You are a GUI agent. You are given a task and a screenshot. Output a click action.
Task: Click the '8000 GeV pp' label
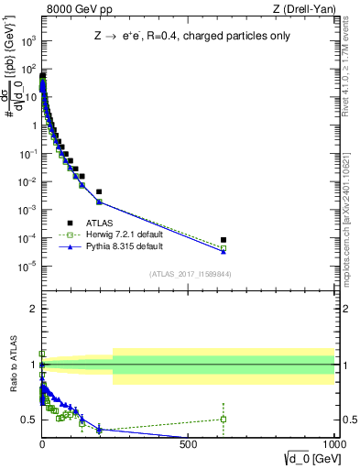click(x=71, y=9)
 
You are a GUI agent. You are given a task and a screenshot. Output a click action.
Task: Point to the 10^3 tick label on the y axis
click(x=28, y=42)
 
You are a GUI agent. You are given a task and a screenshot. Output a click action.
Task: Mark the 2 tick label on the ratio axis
click(x=33, y=309)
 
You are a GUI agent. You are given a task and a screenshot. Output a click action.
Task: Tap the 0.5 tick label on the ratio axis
click(x=29, y=420)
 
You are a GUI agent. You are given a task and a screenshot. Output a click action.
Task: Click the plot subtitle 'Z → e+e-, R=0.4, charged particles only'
click(x=189, y=36)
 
